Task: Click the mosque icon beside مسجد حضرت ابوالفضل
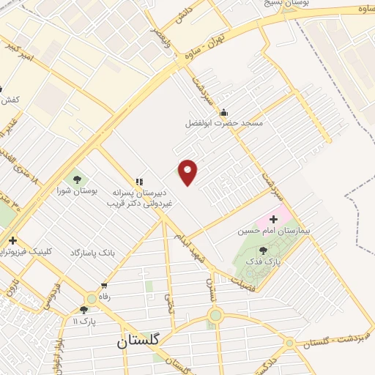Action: click(224, 112)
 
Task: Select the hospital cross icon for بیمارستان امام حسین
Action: click(274, 219)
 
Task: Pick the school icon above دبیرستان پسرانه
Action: click(138, 181)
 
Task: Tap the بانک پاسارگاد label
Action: click(93, 252)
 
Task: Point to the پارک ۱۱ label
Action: click(84, 321)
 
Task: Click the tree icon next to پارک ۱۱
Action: click(83, 310)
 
